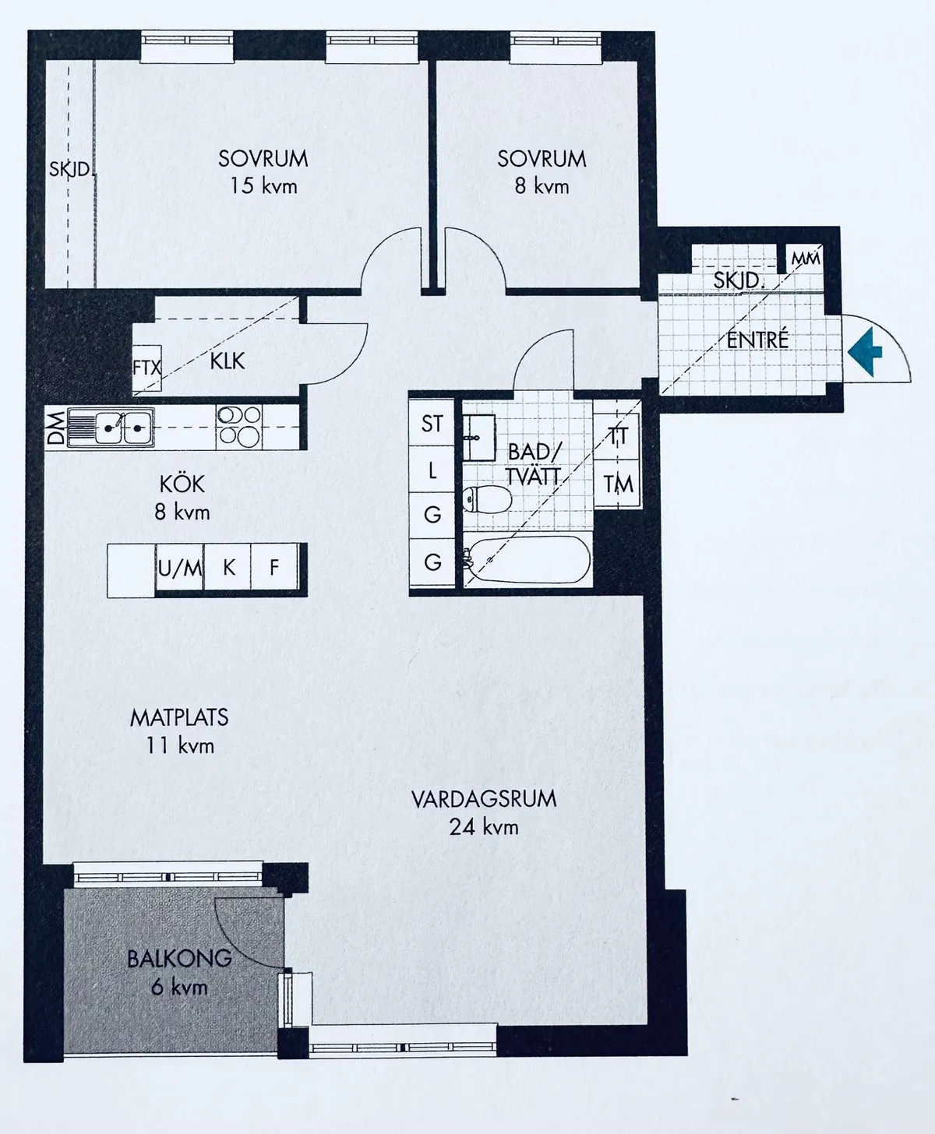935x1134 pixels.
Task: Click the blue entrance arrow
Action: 865,352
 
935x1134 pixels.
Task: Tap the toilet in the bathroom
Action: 487,498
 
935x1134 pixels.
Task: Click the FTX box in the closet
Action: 146,368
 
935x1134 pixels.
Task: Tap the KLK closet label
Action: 227,361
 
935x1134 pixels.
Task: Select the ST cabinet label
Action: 432,424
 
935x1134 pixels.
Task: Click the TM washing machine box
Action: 618,484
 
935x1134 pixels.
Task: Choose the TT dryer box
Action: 618,435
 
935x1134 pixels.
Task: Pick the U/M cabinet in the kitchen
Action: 180,568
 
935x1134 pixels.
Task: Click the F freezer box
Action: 274,568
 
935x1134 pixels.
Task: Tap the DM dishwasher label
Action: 57,428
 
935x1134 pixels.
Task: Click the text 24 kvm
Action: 484,827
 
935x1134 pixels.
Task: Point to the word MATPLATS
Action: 179,718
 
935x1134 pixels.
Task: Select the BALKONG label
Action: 179,959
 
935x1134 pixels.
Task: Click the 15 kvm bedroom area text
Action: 263,186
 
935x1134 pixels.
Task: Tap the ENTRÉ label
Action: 757,340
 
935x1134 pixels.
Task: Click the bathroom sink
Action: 478,438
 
